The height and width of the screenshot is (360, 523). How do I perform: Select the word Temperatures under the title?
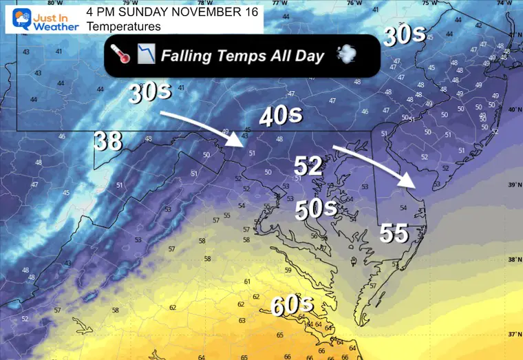[124, 26]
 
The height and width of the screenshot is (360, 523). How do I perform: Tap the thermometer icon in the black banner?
[120, 54]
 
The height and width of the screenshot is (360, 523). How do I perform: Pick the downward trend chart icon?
[145, 54]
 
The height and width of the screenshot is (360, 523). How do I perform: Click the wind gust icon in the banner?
[345, 54]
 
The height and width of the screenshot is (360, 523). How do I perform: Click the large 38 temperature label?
[108, 141]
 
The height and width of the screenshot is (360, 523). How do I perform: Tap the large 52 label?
[309, 165]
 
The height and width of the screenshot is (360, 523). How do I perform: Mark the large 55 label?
[395, 234]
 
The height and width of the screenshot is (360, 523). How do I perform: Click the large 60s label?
[292, 305]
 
